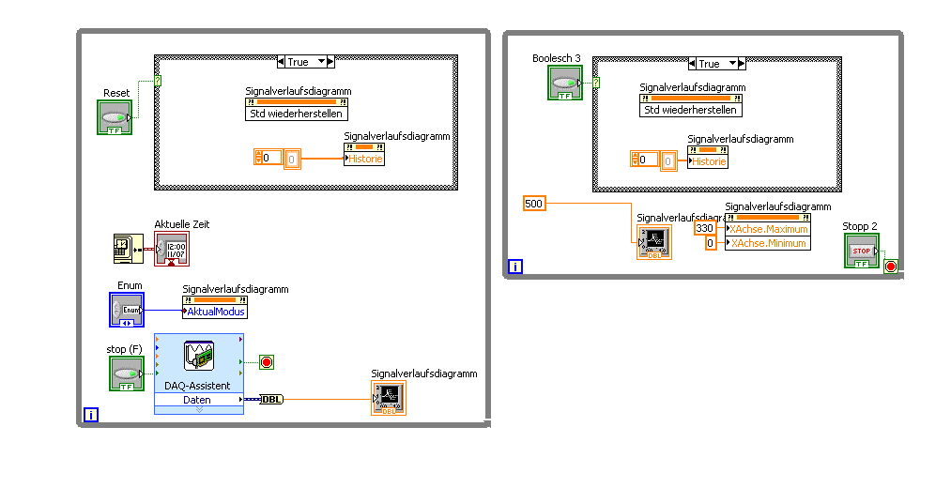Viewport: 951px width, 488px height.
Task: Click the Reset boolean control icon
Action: pyautogui.click(x=115, y=117)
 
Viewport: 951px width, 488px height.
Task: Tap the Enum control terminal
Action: pyautogui.click(x=127, y=310)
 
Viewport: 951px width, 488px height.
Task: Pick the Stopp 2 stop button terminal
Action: pyautogui.click(x=862, y=251)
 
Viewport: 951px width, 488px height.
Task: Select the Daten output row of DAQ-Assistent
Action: pyautogui.click(x=197, y=400)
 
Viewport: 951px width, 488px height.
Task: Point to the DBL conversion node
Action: pyautogui.click(x=270, y=400)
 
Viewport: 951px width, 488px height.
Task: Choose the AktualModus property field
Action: pyautogui.click(x=216, y=312)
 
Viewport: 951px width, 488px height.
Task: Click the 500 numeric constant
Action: pyautogui.click(x=533, y=204)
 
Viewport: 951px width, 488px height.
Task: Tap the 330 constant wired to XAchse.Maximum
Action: pyautogui.click(x=704, y=229)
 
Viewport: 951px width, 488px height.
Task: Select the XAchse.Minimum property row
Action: pyautogui.click(x=768, y=243)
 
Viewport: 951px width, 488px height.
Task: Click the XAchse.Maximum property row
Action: pyautogui.click(x=768, y=229)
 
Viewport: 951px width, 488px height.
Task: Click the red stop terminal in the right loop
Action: pyautogui.click(x=890, y=267)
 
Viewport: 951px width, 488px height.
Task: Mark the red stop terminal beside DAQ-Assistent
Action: pyautogui.click(x=266, y=362)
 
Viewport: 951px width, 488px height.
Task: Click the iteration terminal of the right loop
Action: pyautogui.click(x=515, y=267)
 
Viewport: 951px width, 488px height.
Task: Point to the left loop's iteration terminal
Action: pyautogui.click(x=91, y=414)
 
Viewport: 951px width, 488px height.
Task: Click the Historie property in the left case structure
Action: pyautogui.click(x=365, y=159)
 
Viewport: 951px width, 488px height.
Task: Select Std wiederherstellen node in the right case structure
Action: pyautogui.click(x=691, y=110)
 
